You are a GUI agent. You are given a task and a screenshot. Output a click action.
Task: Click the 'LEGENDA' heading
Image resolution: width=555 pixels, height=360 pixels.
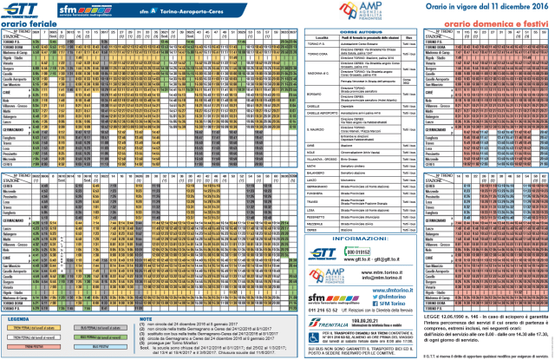(x=16, y=318)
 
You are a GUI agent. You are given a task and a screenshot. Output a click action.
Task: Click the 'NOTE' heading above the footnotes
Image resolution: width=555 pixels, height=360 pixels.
(x=147, y=318)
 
